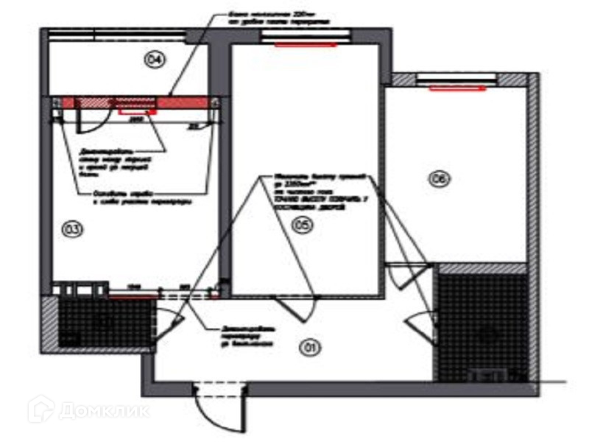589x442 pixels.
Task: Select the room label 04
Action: [154, 60]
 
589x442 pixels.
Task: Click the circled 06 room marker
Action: [440, 178]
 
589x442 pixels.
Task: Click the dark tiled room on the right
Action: [482, 324]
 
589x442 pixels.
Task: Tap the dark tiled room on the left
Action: [103, 322]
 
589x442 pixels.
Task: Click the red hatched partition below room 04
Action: [133, 102]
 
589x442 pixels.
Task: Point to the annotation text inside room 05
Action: [317, 194]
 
